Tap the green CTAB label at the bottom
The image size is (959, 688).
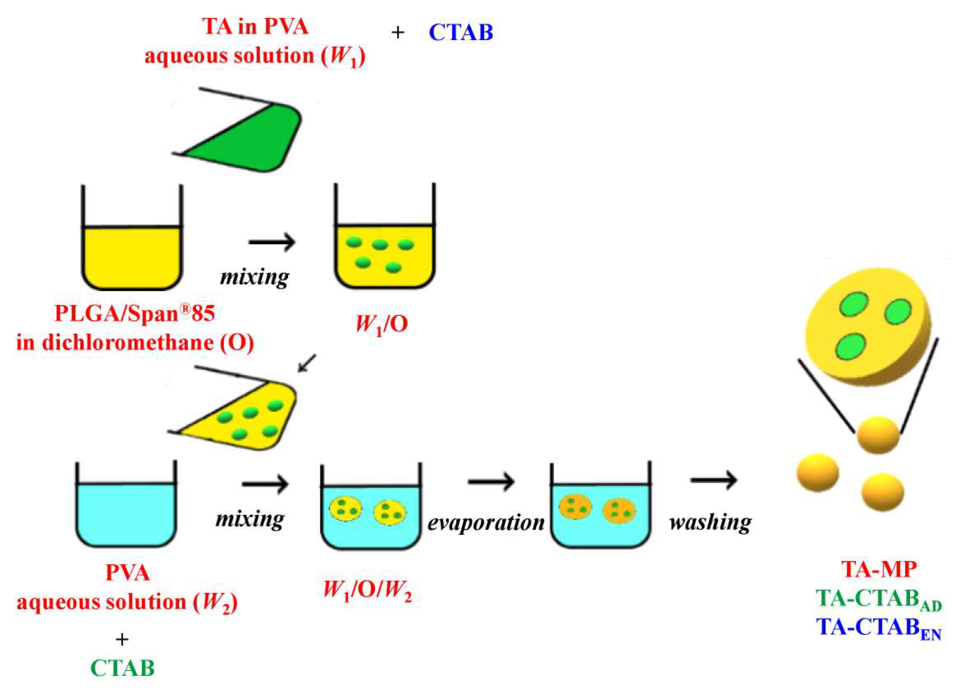pyautogui.click(x=123, y=668)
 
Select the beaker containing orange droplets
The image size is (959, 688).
pyautogui.click(x=601, y=512)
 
